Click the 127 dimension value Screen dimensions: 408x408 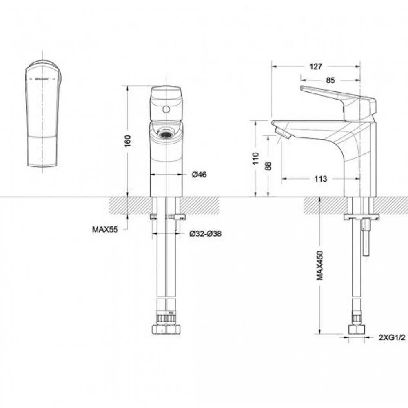point(316,67)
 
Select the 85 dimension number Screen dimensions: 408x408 point(330,80)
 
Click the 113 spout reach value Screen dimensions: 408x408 point(321,178)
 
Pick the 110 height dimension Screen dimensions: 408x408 point(255,158)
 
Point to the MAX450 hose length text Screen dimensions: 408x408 point(320,265)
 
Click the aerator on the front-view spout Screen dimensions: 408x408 point(165,134)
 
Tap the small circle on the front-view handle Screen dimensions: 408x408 point(166,109)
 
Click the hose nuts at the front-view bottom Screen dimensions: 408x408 point(166,329)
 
